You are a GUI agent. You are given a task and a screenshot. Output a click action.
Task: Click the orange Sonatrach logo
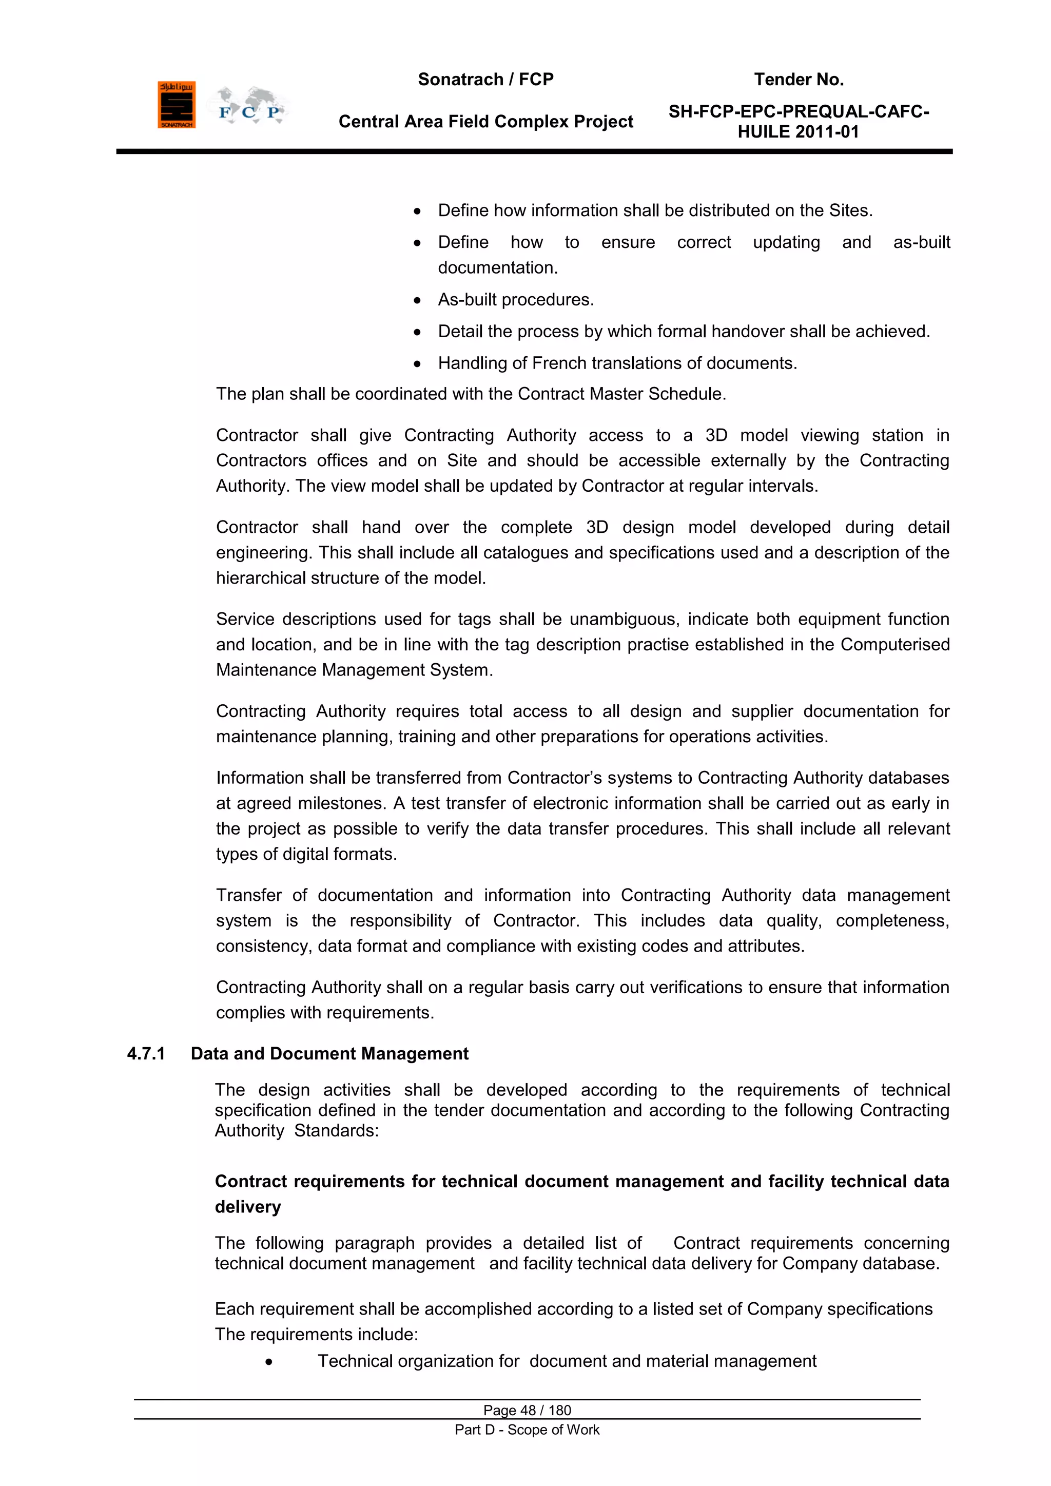[176, 105]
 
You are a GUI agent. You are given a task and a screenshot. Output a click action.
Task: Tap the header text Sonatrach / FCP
[485, 80]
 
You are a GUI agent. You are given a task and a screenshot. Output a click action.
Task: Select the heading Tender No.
[799, 80]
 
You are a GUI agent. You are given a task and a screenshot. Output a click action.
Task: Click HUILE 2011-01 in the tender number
[798, 132]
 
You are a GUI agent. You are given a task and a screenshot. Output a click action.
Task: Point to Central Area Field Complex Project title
[485, 122]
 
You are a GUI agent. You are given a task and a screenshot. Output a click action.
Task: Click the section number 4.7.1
[146, 1054]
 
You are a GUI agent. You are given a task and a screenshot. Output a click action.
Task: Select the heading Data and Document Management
[329, 1054]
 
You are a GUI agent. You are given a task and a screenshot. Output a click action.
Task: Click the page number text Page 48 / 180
[527, 1410]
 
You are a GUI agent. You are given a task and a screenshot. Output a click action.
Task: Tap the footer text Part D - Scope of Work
[527, 1430]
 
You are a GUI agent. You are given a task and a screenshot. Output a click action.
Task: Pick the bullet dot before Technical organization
[268, 1362]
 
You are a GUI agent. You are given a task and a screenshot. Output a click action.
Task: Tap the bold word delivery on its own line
[248, 1207]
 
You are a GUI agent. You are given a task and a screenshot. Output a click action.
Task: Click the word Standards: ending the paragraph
[336, 1131]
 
